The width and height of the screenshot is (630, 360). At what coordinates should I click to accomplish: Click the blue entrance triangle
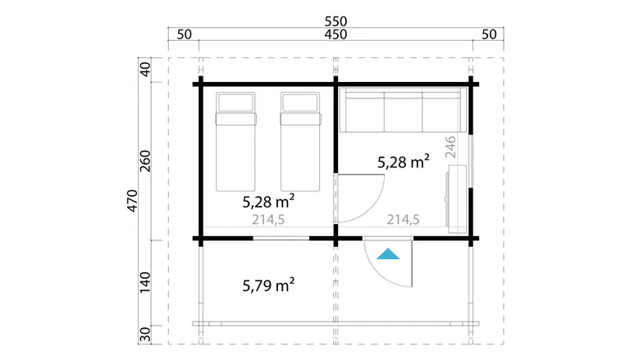click(388, 254)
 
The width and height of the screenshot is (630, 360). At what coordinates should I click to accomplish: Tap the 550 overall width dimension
click(336, 21)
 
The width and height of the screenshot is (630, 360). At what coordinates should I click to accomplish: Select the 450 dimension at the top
click(336, 34)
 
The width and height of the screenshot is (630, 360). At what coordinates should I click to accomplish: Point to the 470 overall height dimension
click(132, 201)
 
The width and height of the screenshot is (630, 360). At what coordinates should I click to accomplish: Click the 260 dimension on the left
click(144, 161)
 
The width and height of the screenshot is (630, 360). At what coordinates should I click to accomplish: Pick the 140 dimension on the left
click(144, 282)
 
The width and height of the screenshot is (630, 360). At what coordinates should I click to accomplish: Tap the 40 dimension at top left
click(144, 70)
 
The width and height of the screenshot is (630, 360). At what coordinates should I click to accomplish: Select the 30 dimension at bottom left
click(144, 335)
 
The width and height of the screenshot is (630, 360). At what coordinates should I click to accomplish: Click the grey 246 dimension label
click(451, 147)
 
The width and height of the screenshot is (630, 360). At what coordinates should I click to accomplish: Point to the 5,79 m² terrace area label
click(268, 285)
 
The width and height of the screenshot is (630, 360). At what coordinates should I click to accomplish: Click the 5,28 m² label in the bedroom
click(268, 201)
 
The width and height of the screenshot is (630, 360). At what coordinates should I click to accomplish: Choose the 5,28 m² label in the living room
click(404, 162)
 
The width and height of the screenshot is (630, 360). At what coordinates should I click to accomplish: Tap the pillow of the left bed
click(235, 103)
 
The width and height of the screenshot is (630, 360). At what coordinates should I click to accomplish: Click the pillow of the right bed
click(300, 103)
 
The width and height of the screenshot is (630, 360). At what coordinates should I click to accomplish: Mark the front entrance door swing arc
click(380, 273)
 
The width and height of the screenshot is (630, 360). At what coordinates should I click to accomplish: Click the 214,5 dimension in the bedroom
click(268, 220)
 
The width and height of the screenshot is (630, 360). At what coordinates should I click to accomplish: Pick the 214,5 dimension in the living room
click(403, 220)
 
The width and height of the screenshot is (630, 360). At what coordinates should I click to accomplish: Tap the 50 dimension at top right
click(489, 34)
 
